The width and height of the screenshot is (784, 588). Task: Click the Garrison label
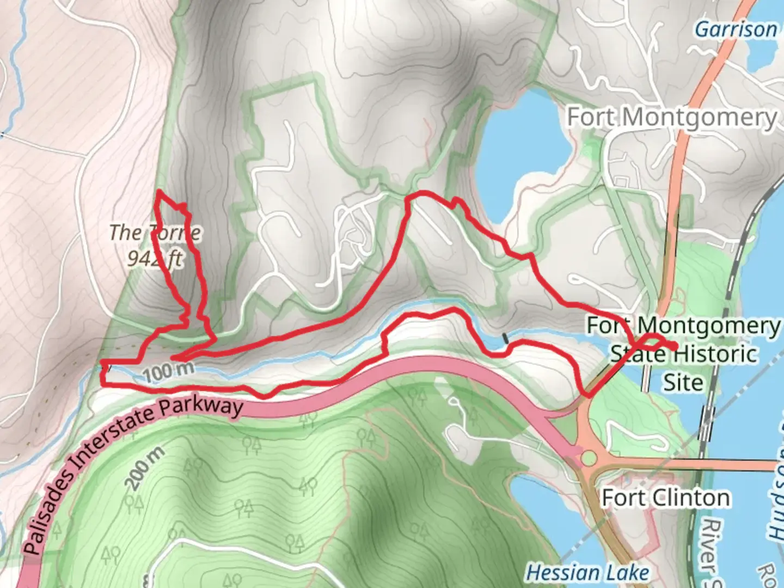pos(736,29)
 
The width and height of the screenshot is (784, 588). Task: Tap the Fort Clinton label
pos(665,498)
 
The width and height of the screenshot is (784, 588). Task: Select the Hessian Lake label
pos(587,572)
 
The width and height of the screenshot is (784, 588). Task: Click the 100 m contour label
pos(169,372)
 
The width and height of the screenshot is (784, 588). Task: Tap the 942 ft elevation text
pos(155,258)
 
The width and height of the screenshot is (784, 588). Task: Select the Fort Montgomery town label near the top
pos(672,117)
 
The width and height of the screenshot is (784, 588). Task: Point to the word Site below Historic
pos(683,382)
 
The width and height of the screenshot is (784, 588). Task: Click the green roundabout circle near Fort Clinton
pos(589,458)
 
